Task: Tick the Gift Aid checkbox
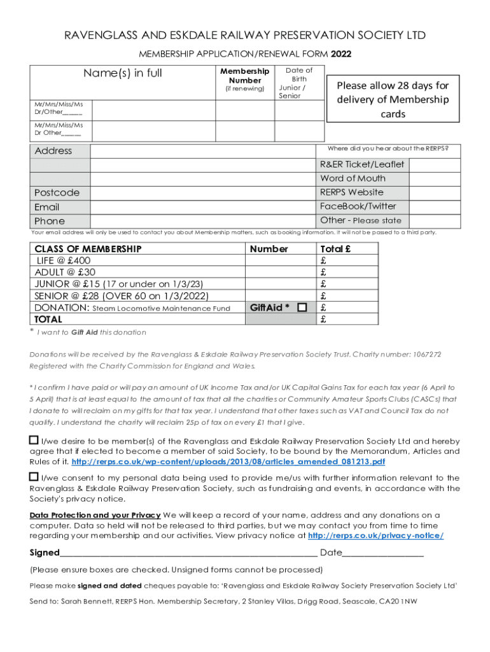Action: (x=302, y=308)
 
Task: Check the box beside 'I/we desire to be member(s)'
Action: (x=34, y=440)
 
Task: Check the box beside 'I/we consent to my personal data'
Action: (x=34, y=477)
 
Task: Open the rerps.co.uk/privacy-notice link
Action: (x=375, y=536)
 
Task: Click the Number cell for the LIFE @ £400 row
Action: (x=281, y=260)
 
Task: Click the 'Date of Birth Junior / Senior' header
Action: (x=298, y=83)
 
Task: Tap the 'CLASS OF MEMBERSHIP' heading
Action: (x=88, y=249)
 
